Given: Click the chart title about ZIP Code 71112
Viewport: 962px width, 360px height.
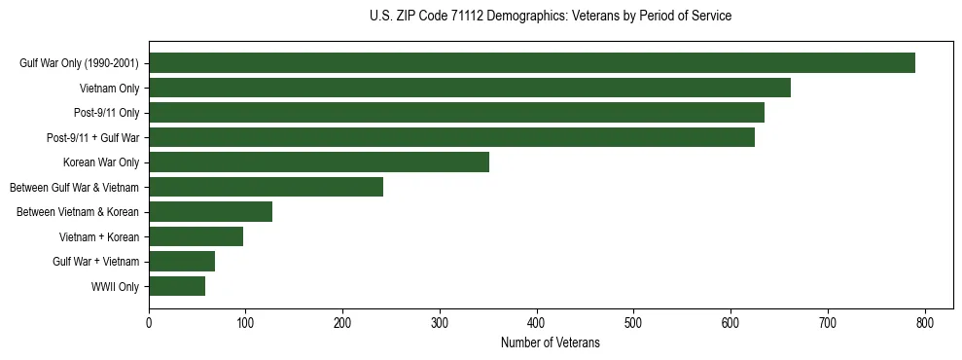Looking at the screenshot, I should (551, 17).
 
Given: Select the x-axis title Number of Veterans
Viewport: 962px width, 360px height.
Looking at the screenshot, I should (551, 343).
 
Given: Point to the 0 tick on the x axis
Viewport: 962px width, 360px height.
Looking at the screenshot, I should (149, 322).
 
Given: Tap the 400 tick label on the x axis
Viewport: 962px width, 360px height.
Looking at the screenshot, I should (440, 322).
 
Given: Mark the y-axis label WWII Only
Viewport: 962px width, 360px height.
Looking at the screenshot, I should (115, 287).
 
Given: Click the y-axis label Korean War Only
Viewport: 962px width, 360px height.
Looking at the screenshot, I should (101, 162).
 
